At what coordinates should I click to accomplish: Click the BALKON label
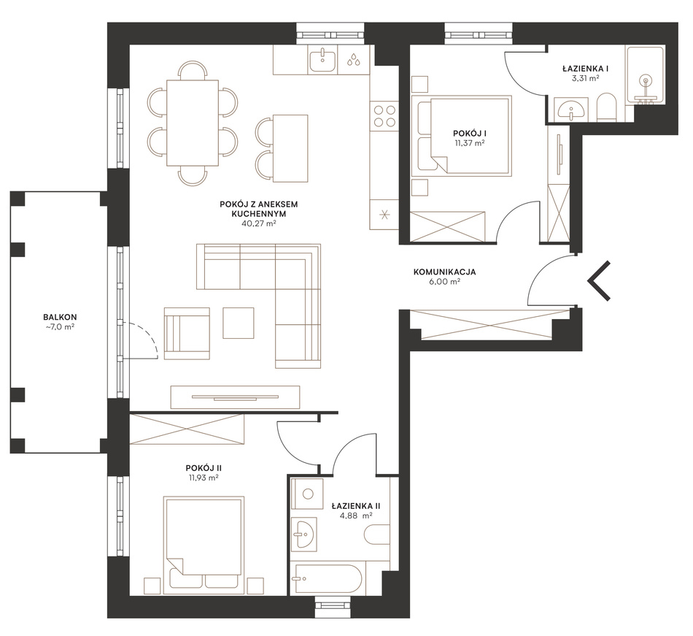tap(60, 317)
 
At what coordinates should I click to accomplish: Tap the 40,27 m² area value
tap(258, 223)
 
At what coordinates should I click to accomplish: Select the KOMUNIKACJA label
tap(445, 272)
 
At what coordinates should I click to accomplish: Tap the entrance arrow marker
tap(599, 281)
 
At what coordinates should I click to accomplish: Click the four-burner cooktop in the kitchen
tap(384, 115)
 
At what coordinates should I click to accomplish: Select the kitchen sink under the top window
tap(322, 60)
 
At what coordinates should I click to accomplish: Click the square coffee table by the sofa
tap(239, 323)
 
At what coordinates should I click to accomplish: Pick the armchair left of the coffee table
tap(187, 333)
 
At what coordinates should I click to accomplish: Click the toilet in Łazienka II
tap(377, 535)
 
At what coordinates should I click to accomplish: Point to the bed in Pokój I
tap(462, 136)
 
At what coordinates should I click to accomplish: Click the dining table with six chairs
tap(193, 123)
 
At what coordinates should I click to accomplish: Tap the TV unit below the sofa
tap(235, 397)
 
